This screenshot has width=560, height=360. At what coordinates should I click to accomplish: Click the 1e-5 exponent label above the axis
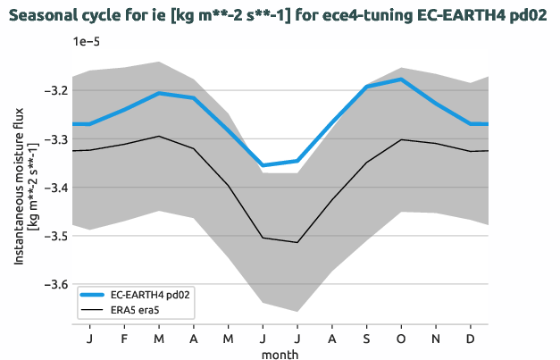pos(87,41)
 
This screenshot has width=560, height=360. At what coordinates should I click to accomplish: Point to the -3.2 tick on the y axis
pos(54,91)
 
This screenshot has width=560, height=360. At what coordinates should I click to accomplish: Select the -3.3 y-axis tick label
pos(54,139)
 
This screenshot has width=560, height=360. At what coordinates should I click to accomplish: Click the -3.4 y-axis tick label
pos(54,188)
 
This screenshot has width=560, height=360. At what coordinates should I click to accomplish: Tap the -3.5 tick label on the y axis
pos(54,236)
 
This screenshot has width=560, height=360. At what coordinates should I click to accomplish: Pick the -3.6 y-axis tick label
pos(54,284)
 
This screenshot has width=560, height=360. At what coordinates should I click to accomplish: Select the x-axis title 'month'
pos(280,354)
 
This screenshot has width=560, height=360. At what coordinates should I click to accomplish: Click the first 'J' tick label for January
pos(89,339)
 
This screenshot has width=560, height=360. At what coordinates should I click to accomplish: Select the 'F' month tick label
pos(124,339)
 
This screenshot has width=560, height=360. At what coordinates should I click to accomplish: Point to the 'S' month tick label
pos(366,339)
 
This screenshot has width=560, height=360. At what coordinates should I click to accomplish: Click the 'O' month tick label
pos(401,339)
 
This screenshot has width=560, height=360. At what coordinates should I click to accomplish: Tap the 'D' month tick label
pos(471,339)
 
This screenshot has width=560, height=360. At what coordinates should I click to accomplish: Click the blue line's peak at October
pos(401,80)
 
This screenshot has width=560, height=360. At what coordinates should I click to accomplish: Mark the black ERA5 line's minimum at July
pos(297,242)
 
